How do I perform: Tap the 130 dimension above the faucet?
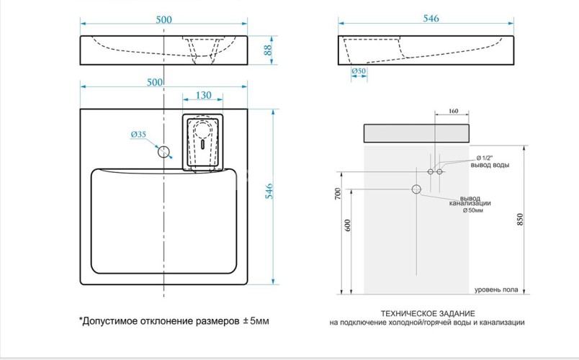[x=202, y=95]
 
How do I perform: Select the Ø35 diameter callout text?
[x=138, y=135]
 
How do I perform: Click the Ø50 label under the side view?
[x=359, y=72]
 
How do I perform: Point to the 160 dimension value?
[x=453, y=111]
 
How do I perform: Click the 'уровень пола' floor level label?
[x=495, y=289]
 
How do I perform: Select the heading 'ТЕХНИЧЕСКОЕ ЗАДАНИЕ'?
[x=427, y=314]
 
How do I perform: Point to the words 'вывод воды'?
[x=490, y=166]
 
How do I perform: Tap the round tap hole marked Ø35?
[x=163, y=151]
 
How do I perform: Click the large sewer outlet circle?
[x=416, y=189]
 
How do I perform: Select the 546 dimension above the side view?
[x=430, y=19]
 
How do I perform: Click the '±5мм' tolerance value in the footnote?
[x=255, y=320]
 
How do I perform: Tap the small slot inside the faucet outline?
[x=204, y=143]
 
